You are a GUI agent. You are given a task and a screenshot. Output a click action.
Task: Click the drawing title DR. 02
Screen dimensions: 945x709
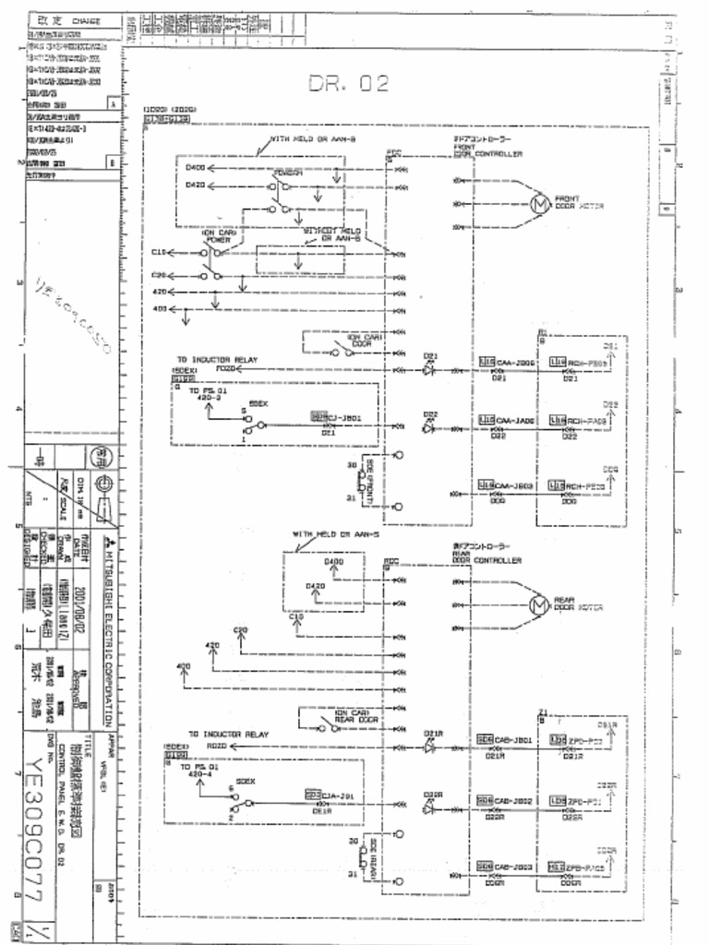click(x=348, y=84)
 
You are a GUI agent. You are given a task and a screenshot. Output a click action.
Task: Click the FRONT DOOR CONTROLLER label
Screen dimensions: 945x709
click(x=487, y=150)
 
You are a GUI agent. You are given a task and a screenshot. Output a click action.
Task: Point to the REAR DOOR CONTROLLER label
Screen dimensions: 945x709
click(x=487, y=556)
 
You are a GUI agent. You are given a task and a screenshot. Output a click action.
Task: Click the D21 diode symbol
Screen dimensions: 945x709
click(x=429, y=369)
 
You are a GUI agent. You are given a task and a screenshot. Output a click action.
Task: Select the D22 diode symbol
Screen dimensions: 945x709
click(x=429, y=427)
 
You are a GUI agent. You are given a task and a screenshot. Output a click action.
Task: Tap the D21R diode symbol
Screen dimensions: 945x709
click(x=429, y=747)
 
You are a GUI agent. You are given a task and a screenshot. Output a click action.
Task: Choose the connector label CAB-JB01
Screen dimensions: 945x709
click(x=513, y=740)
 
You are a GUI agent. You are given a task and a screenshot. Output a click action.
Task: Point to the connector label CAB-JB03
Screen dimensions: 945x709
click(x=513, y=867)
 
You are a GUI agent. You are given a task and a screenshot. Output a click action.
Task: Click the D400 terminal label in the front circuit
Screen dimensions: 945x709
click(x=195, y=168)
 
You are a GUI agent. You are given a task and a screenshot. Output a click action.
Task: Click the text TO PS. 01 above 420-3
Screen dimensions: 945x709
click(x=207, y=391)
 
